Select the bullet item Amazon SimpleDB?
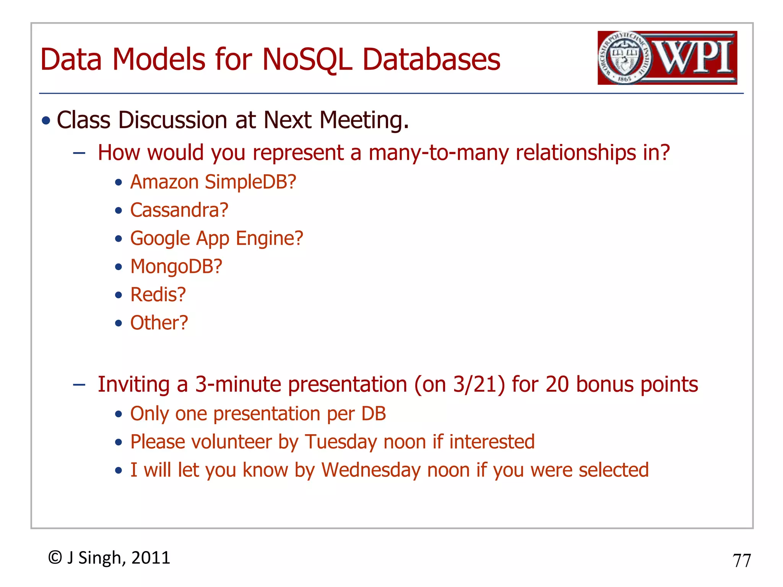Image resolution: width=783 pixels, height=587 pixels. coord(213,182)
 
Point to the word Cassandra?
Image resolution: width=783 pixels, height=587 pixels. coord(179,210)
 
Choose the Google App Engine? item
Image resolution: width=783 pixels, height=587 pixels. coord(216,238)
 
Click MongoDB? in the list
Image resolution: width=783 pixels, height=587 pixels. coord(176,266)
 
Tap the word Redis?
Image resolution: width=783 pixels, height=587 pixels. coord(158,295)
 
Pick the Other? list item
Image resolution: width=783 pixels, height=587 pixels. coord(159,323)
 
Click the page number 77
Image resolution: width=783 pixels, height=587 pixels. coord(742,561)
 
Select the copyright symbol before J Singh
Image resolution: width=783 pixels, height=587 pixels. coord(55,558)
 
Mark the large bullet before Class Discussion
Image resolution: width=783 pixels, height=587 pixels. coord(46,121)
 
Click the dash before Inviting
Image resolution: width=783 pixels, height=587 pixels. coord(79,384)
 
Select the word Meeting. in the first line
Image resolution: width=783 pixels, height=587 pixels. coord(364,120)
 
